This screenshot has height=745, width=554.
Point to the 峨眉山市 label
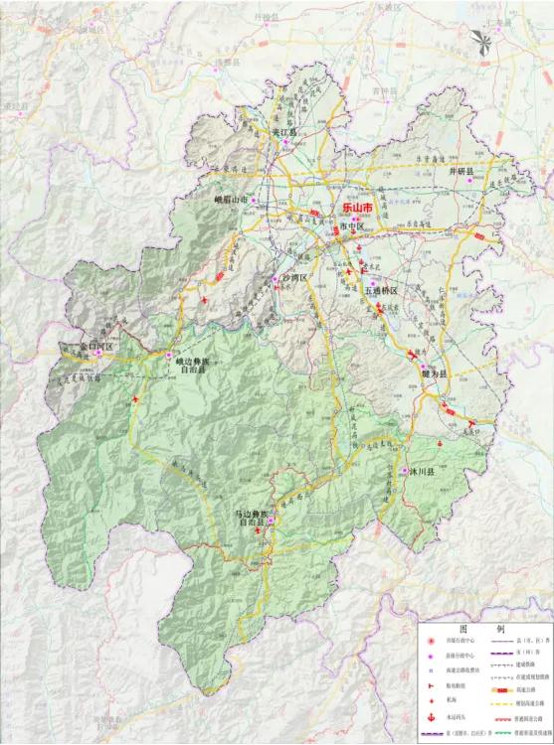point(231,199)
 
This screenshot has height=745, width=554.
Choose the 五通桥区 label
point(380,291)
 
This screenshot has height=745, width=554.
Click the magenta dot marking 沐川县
point(404,471)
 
